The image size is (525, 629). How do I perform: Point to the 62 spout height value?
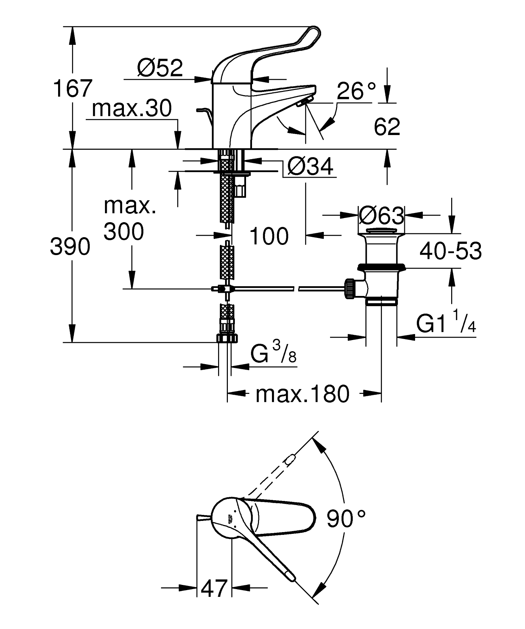pos(386,127)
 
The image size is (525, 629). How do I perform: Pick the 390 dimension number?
pos(70,247)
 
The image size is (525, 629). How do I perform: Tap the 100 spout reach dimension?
pos(269,236)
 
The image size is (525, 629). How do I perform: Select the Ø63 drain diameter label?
pos(381,216)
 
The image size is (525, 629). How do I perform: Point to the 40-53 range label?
pos(450,251)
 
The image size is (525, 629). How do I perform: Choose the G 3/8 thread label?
pos(273,353)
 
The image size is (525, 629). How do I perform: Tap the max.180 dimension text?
pos(302,394)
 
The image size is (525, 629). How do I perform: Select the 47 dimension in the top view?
pos(214,588)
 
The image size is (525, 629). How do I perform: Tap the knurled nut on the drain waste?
pos(350,289)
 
